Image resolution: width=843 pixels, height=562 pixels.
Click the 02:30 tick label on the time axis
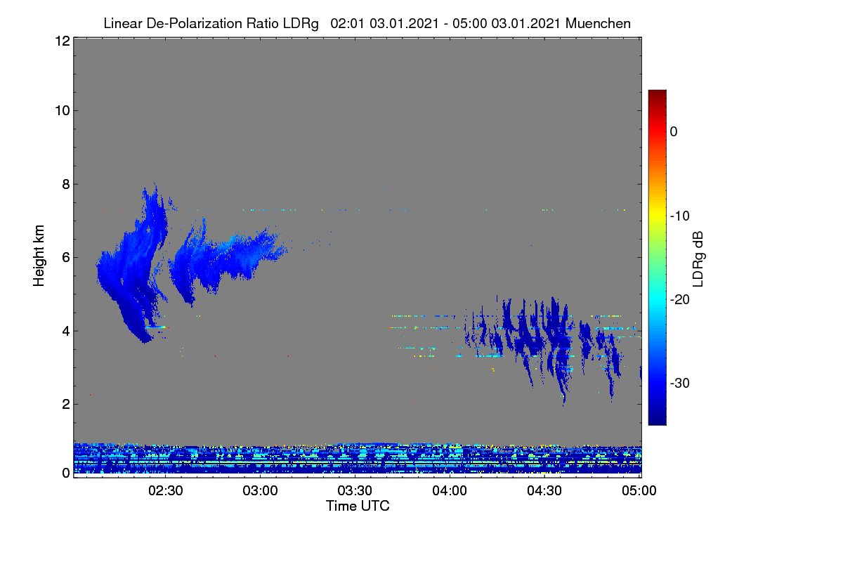(166, 491)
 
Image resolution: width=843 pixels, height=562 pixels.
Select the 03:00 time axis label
(261, 491)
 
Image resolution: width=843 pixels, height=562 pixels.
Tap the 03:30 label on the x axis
(355, 491)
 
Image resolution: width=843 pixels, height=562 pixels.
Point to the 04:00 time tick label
(450, 491)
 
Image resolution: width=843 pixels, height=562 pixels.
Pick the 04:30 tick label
(544, 491)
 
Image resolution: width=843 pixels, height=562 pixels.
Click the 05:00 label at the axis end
(639, 491)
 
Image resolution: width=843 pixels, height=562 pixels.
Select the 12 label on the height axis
(63, 41)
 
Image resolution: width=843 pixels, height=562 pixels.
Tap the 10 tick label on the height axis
(63, 111)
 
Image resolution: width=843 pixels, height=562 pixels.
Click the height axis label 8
(66, 185)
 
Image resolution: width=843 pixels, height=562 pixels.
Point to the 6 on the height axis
(66, 258)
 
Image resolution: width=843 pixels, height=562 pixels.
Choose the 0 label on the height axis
(66, 473)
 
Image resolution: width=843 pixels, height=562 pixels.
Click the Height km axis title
(39, 256)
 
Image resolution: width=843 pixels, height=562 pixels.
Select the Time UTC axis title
(358, 506)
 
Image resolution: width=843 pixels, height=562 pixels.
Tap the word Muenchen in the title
(598, 24)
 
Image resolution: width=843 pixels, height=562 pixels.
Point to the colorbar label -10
(680, 216)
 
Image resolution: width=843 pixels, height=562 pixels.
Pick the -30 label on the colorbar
(680, 383)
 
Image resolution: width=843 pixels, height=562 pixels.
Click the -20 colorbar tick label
(680, 300)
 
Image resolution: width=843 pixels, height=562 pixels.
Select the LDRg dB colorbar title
(698, 259)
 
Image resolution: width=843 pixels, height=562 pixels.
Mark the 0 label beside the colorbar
(674, 132)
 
